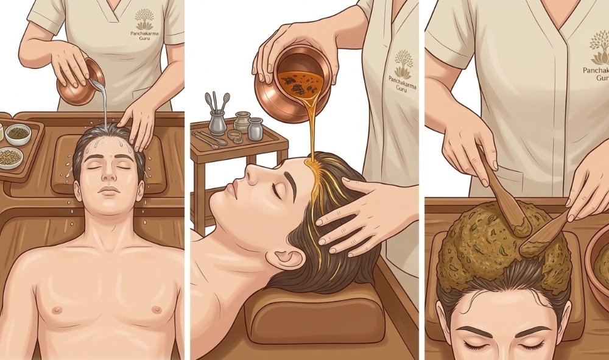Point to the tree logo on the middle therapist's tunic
pos(404,64)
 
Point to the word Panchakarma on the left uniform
pos(145,34)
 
